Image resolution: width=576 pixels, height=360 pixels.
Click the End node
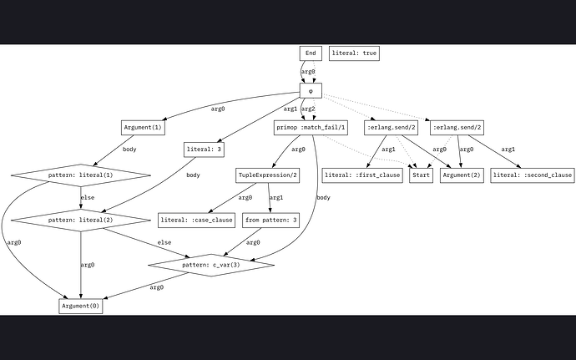click(311, 53)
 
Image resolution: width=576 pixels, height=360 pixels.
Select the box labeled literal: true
click(354, 53)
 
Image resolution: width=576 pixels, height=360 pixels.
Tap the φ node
click(311, 89)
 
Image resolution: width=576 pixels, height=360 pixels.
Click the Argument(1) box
click(142, 128)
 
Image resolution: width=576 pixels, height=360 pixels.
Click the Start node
click(421, 176)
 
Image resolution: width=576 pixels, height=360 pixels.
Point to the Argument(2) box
click(462, 176)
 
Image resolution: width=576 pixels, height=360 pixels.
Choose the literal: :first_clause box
click(362, 176)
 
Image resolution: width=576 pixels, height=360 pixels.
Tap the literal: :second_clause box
click(533, 176)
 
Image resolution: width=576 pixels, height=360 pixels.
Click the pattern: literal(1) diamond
click(81, 176)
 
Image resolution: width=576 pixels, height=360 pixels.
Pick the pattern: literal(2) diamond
click(81, 221)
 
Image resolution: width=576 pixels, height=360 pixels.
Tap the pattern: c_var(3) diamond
click(211, 266)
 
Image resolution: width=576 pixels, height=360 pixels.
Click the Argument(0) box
click(81, 306)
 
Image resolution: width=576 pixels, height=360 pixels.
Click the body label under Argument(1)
click(129, 150)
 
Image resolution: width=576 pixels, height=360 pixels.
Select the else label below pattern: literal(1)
click(87, 199)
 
